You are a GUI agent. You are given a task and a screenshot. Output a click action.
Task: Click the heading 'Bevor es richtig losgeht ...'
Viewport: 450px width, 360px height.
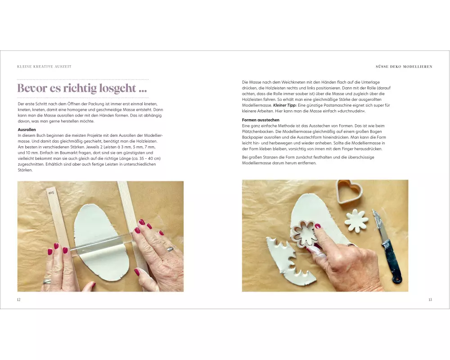coord(82,88)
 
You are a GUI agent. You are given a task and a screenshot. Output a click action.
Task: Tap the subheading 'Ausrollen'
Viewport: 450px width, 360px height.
coord(27,130)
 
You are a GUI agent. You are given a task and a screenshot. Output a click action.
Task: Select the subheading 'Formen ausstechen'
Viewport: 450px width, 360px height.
coord(261,120)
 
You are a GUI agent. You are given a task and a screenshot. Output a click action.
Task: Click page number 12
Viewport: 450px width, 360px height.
coord(18,300)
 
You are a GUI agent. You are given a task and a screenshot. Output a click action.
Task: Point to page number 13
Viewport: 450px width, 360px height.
coord(430,300)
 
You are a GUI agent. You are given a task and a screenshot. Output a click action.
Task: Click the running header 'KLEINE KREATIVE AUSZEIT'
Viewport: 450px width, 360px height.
coord(44,67)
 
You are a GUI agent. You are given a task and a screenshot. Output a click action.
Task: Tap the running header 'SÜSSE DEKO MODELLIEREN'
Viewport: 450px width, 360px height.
coord(404,67)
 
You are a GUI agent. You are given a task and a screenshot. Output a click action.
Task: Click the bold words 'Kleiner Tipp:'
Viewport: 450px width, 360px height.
coord(285,105)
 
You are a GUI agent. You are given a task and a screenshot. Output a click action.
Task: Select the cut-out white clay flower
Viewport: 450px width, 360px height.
coord(356,220)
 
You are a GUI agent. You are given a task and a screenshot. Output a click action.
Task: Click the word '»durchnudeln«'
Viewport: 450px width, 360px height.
coord(352,111)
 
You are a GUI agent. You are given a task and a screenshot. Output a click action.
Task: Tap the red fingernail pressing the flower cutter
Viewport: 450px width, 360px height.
coord(318,226)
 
